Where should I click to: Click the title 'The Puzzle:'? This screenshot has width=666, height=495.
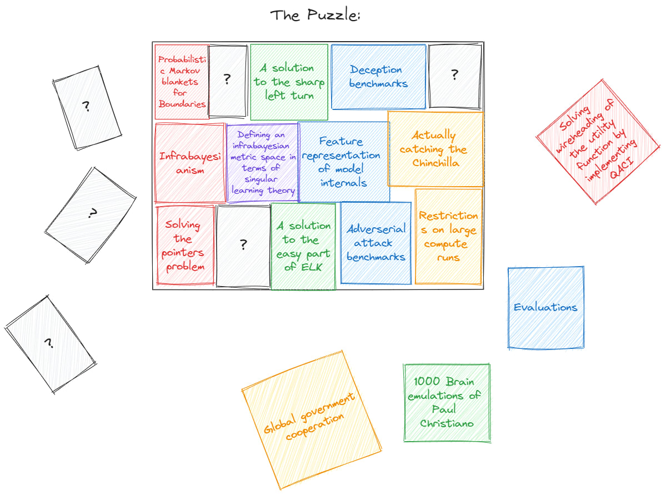316,15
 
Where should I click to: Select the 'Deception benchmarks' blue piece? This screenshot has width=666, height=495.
378,77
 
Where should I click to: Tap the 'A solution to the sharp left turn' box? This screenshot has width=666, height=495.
289,82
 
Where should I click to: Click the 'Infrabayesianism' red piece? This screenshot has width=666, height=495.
189,163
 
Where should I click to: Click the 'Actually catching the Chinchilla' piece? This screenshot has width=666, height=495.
434,149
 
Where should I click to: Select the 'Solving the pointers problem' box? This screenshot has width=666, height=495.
185,245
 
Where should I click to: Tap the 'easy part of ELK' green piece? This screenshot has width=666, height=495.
303,246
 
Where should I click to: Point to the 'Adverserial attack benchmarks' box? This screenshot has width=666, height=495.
376,243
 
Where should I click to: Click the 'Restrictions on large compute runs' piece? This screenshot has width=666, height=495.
448,236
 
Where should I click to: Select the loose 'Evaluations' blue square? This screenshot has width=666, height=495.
545,307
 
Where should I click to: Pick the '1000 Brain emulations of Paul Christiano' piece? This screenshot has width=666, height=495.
447,402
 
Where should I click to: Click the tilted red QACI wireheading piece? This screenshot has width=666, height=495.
598,142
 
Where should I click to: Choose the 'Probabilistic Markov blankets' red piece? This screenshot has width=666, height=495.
182,82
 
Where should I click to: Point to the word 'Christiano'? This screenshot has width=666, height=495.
447,423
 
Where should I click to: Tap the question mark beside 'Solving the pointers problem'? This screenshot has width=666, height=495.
243,244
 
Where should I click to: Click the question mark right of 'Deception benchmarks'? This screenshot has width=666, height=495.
454,75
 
